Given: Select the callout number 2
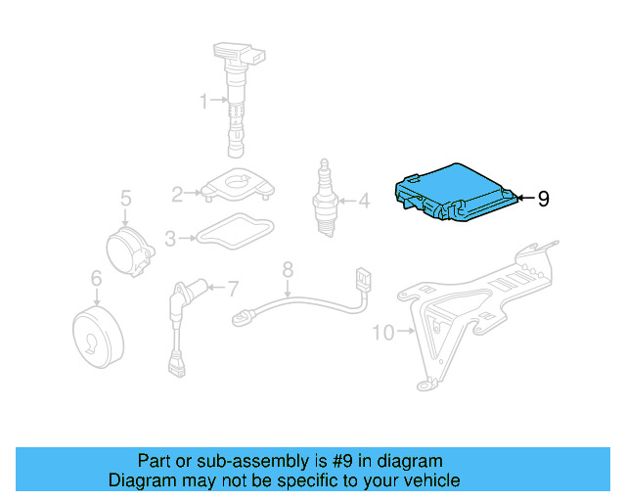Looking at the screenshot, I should click(177, 195).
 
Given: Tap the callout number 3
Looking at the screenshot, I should click(170, 237).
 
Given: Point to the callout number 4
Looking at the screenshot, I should click(363, 202).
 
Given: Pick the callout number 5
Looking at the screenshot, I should click(125, 200).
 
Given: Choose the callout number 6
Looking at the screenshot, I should click(96, 280).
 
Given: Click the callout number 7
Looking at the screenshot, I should click(232, 289).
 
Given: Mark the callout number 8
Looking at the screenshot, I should click(288, 268).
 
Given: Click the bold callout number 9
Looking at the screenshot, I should click(543, 199).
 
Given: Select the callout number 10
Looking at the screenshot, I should click(382, 333).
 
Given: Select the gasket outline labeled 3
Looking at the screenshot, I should click(235, 233).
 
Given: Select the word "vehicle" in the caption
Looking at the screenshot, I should click(427, 480).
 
